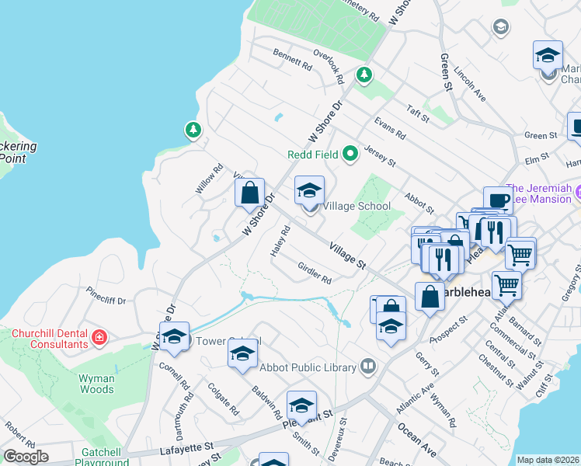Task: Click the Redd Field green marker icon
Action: (350, 154)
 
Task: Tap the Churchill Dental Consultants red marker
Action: (99, 337)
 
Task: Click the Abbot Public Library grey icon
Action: (368, 366)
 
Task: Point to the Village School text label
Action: (357, 206)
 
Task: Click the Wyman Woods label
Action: (97, 383)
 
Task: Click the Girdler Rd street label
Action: (315, 272)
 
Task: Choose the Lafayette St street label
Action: (187, 447)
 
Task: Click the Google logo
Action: (26, 457)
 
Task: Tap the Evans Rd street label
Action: (389, 128)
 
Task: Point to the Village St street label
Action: (347, 255)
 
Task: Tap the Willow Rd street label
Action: (205, 183)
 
